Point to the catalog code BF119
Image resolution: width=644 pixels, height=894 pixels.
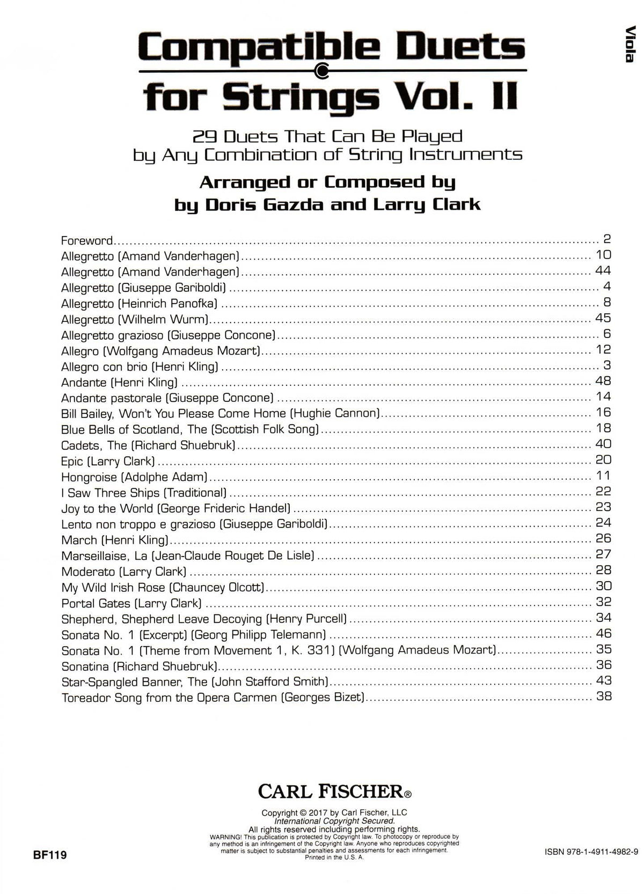pos(50,855)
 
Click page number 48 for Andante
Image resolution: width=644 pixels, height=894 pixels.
pos(603,381)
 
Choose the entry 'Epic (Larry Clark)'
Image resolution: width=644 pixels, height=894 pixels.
pos(108,461)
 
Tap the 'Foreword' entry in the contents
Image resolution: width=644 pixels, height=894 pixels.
pos(87,240)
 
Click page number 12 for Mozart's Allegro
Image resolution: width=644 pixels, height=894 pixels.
pos(603,349)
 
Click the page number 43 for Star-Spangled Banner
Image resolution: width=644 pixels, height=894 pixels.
pos(604,680)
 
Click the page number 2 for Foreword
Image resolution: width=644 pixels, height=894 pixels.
pos(607,239)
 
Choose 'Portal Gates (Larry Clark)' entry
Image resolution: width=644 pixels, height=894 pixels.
pos(131,603)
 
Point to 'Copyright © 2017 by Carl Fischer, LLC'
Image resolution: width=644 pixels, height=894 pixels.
pos(334,812)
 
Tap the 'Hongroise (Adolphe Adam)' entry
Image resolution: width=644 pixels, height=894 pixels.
pos(134,477)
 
